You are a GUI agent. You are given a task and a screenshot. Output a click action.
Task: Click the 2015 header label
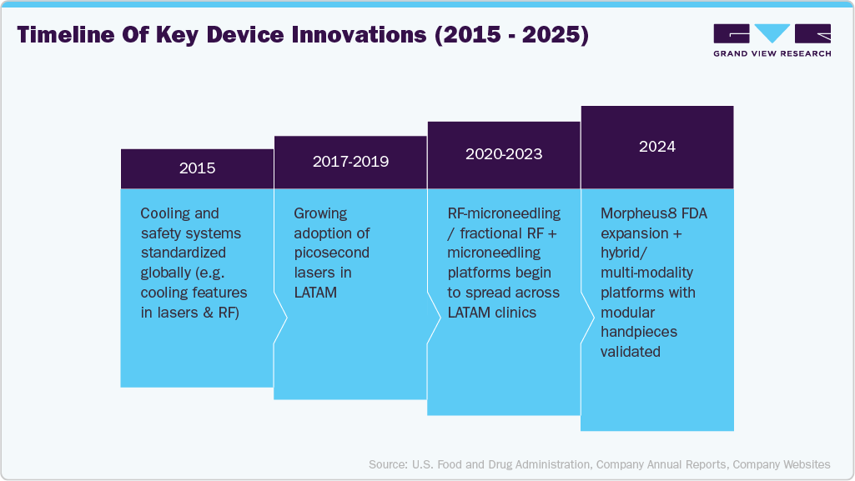[197, 168]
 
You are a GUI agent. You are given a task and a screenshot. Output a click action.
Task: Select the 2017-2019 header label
[350, 162]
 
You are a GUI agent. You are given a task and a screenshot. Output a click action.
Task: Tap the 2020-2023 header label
[504, 154]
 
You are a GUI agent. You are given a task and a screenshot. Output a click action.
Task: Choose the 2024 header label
[657, 147]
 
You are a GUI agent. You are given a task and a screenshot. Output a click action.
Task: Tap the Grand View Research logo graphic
[772, 33]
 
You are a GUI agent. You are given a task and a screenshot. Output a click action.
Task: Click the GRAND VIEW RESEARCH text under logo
[772, 53]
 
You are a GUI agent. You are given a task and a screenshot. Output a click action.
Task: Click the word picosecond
[331, 253]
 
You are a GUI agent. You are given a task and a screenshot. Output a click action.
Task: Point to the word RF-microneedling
[504, 213]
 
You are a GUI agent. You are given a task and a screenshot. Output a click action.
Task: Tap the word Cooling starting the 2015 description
[168, 213]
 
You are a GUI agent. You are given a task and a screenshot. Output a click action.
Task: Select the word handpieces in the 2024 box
[639, 332]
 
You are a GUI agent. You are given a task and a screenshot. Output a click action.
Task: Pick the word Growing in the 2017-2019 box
[319, 213]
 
